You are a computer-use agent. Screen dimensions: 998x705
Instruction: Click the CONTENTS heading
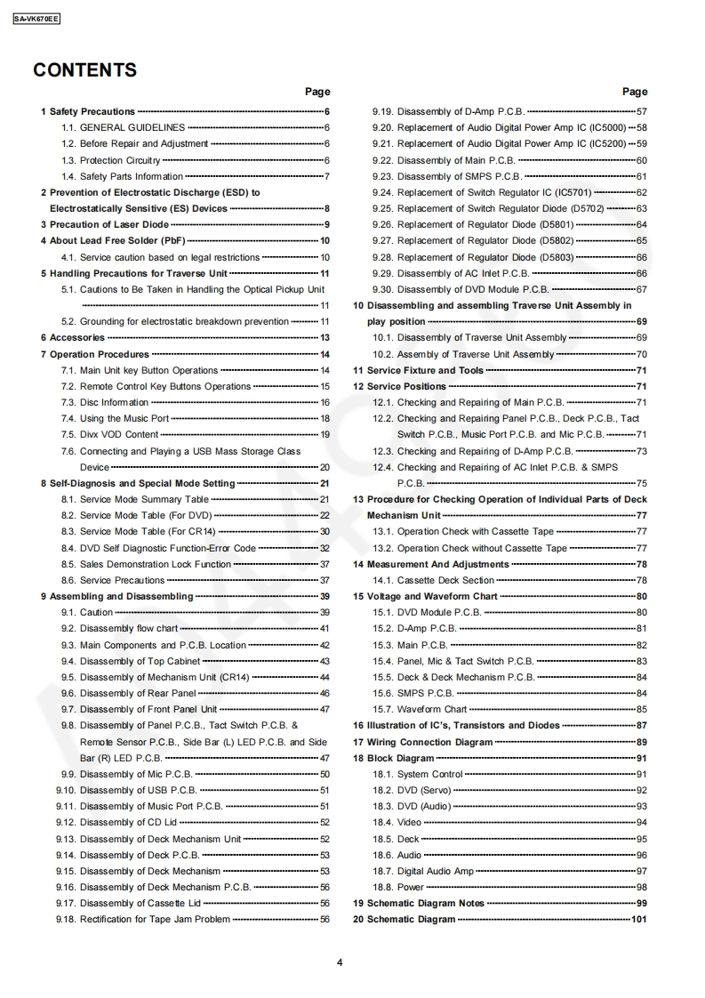[x=84, y=70]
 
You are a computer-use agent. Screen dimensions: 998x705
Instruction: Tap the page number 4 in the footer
[x=340, y=962]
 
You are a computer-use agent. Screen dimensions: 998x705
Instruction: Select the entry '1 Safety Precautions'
[x=88, y=112]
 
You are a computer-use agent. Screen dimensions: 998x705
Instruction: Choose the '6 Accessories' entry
[x=73, y=338]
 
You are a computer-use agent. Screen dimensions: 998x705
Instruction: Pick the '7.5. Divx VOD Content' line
[x=119, y=435]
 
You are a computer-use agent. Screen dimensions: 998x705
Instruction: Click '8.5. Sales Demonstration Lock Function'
[x=156, y=565]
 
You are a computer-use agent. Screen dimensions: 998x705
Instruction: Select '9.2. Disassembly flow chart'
[x=129, y=629]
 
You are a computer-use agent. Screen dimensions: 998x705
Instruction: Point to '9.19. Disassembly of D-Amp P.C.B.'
[x=448, y=112]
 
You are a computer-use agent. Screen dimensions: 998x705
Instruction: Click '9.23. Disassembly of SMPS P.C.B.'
[x=446, y=177]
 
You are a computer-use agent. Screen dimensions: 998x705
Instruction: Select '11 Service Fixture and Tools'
[x=419, y=371]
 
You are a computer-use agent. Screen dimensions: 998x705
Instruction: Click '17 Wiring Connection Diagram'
[x=422, y=743]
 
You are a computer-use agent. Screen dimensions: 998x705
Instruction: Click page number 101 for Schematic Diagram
[x=638, y=920]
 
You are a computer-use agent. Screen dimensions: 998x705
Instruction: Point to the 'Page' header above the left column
[x=317, y=92]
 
